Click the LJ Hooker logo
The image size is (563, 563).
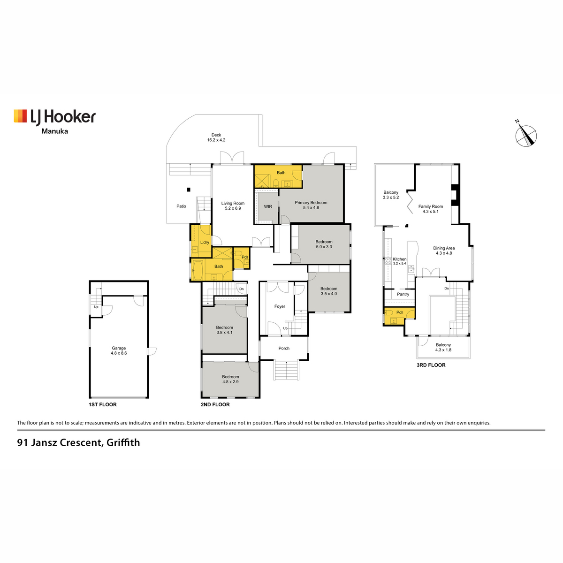pos(54,122)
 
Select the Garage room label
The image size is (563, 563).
pos(119,350)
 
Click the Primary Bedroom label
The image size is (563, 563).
pos(311,205)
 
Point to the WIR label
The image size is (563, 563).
pos(268,206)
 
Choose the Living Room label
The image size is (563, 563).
pos(233,205)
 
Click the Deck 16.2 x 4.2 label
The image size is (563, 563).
pos(216,137)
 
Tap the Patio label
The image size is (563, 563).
pos(181,206)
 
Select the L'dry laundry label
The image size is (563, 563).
pos(205,242)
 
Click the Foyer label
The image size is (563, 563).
pos(280,306)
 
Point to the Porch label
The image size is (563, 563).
pos(284,348)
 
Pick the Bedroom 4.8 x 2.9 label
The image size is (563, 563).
pos(230,379)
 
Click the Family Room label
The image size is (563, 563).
pos(431,209)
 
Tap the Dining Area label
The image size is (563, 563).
pos(444,251)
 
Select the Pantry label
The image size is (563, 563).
pos(403,294)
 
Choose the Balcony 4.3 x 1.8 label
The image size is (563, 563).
pos(443,347)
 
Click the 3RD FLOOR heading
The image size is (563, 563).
pos(431,365)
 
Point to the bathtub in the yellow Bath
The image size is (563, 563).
pos(198,270)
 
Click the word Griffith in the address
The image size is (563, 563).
pos(123,442)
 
